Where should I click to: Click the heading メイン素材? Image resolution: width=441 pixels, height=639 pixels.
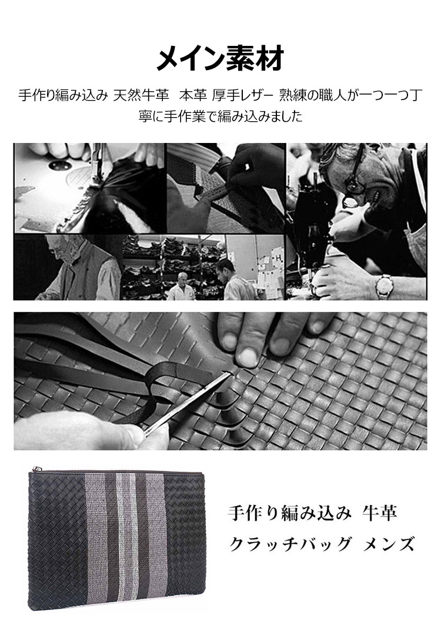point(220,59)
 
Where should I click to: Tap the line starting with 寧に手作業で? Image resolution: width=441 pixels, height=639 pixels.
point(220,116)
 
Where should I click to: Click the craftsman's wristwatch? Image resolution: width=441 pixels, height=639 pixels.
point(384,285)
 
